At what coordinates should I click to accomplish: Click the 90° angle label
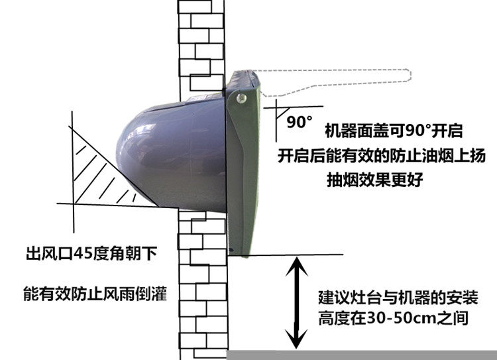tap(300, 121)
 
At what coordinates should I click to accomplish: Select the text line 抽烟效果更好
tap(375, 180)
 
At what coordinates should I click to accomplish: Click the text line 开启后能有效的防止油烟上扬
tap(382, 156)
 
